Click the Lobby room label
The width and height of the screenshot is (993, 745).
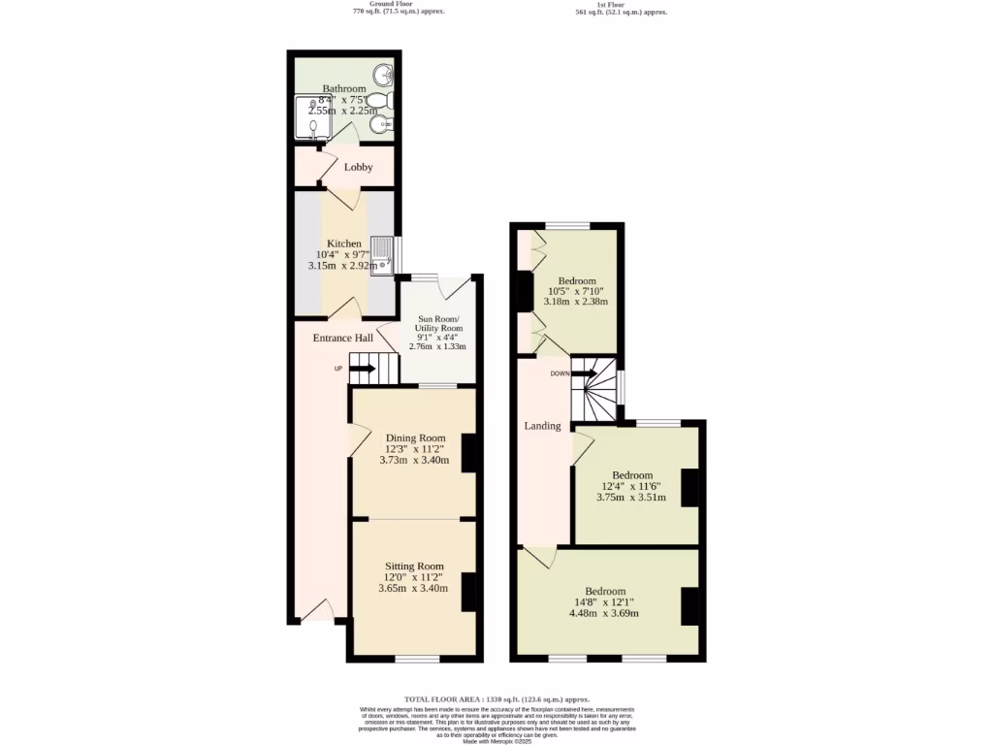pyautogui.click(x=358, y=167)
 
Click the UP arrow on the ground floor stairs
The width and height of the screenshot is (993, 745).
pyautogui.click(x=362, y=368)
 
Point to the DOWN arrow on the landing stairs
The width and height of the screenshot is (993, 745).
pyautogui.click(x=585, y=373)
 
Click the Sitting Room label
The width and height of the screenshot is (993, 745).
pyautogui.click(x=414, y=567)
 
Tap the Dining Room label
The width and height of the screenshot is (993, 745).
pyautogui.click(x=415, y=437)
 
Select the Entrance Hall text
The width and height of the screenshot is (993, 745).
pyautogui.click(x=342, y=338)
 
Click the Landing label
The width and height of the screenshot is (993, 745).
pyautogui.click(x=542, y=426)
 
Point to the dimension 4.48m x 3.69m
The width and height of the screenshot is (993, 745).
pyautogui.click(x=603, y=612)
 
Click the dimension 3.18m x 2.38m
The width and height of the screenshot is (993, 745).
pyautogui.click(x=576, y=302)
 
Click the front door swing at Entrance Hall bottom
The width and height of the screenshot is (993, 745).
pyautogui.click(x=322, y=610)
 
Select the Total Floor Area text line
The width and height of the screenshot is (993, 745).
pyautogui.click(x=496, y=699)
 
